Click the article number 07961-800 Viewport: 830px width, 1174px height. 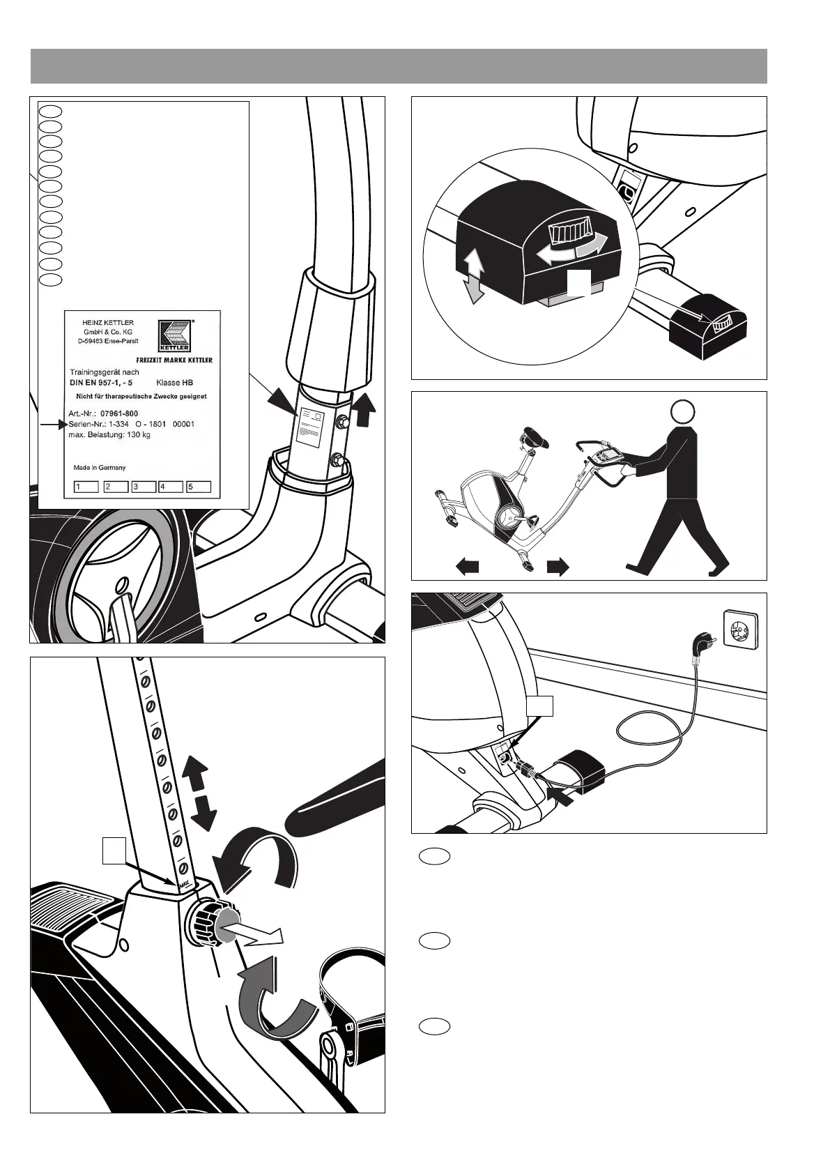pos(119,414)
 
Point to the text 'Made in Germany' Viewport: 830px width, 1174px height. pos(100,468)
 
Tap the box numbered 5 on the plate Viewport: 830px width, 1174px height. pos(199,487)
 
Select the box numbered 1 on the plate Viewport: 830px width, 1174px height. pos(86,487)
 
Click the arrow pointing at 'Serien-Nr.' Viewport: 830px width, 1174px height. pos(52,424)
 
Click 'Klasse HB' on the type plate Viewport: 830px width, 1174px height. pos(175,383)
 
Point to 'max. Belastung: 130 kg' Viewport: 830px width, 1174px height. pos(109,435)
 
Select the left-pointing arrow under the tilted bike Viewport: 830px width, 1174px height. pos(468,567)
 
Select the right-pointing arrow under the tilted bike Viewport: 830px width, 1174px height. pos(558,567)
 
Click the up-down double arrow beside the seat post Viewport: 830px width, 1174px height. pos(199,795)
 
